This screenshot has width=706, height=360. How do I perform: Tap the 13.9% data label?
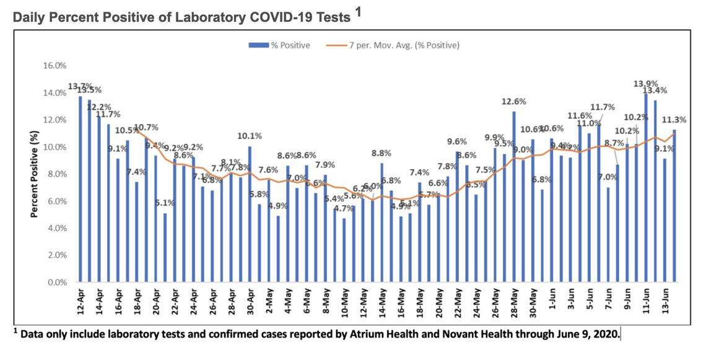645,84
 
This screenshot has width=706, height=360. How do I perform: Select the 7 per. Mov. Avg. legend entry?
396,45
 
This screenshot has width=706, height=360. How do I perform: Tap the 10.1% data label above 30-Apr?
250,136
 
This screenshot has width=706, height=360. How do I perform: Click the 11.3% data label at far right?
675,120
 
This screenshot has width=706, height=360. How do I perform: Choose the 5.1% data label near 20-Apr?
165,203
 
